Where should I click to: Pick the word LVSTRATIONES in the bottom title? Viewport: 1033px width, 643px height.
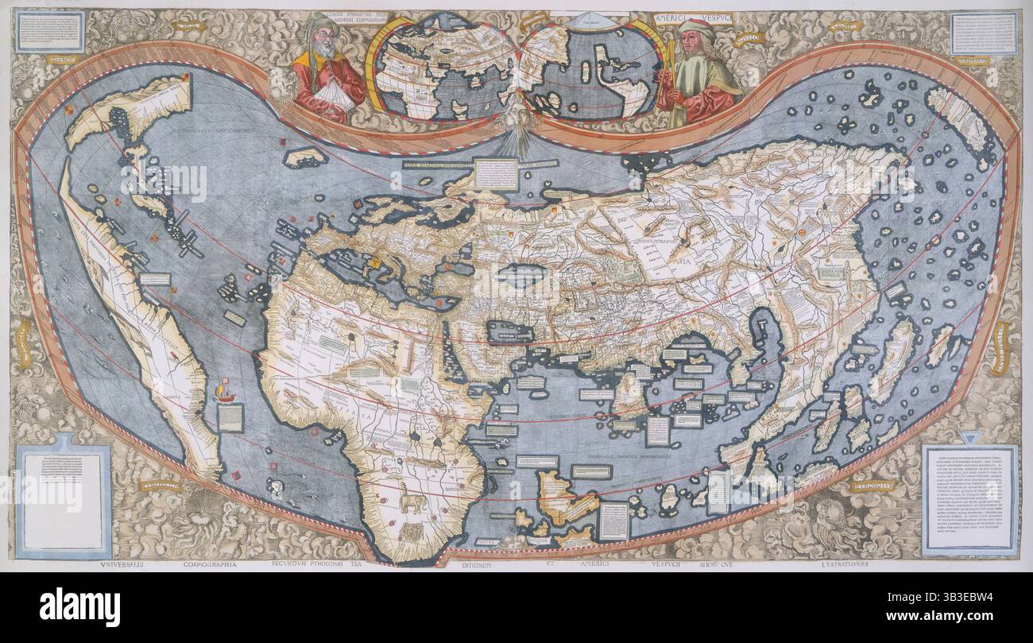point(836,564)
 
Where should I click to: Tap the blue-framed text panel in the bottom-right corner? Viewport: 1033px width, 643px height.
point(969,498)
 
